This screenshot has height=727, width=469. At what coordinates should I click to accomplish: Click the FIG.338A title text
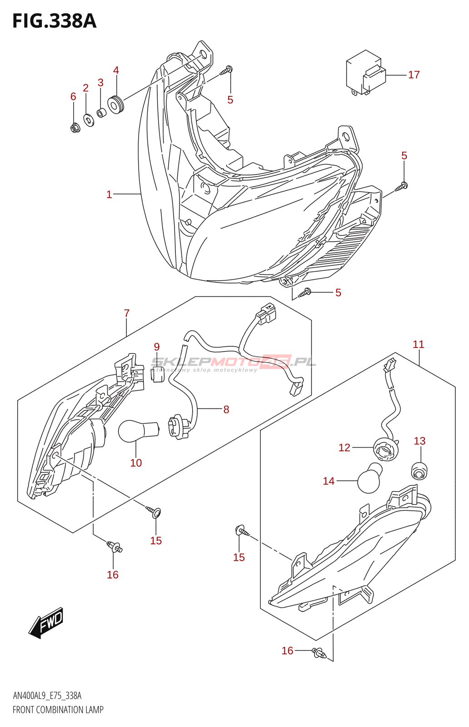(x=55, y=21)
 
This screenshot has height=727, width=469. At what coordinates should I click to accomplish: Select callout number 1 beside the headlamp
(x=109, y=194)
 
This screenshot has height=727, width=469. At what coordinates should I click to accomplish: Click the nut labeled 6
(x=75, y=128)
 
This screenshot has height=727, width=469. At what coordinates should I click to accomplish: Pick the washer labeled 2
(x=89, y=120)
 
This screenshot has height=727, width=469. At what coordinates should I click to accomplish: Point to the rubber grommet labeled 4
(x=115, y=105)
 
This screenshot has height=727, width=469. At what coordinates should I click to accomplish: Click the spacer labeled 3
(x=101, y=112)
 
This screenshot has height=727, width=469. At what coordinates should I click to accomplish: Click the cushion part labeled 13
(x=419, y=471)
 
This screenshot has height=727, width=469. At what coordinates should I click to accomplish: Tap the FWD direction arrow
(x=46, y=622)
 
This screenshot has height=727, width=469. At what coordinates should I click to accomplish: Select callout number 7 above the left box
(x=127, y=313)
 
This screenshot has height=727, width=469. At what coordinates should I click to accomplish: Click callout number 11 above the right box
(x=418, y=344)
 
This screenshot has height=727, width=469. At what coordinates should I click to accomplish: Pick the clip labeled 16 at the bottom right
(x=319, y=653)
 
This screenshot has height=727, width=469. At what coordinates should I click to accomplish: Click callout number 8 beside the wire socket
(x=226, y=409)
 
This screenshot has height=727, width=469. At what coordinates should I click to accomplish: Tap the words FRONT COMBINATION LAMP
(x=58, y=709)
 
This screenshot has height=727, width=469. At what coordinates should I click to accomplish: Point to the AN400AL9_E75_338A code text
(x=47, y=696)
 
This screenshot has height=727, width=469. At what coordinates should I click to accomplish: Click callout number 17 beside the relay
(x=414, y=75)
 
